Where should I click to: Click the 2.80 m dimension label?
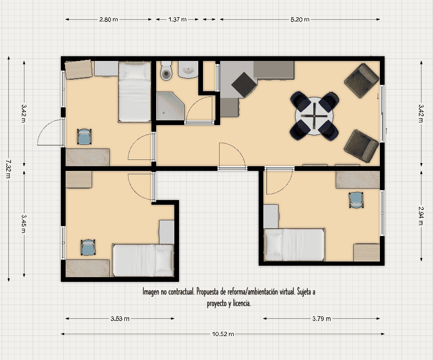109,19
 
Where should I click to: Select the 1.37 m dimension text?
177,19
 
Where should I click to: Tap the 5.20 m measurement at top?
300,19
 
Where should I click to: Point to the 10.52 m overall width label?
223,334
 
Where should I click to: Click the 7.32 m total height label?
8,169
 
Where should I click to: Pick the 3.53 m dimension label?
120,318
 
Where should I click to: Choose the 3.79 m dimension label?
322,318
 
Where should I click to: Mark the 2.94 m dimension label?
421,216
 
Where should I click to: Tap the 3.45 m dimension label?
24,224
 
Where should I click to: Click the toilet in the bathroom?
166,70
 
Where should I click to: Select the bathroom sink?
188,69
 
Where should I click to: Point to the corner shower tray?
170,106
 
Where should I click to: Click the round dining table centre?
314,116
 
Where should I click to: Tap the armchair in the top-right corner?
361,80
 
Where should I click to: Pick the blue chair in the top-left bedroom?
84,136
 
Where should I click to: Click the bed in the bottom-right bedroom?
294,244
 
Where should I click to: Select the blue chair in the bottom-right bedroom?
356,200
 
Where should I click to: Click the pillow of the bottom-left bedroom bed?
164,260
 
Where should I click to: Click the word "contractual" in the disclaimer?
181,291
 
